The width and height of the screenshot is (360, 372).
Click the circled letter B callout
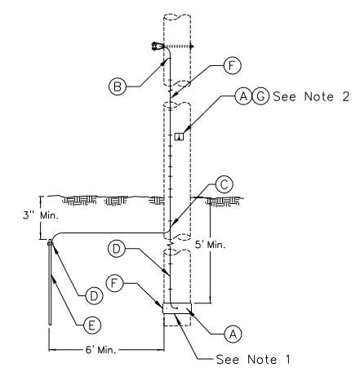[118, 86]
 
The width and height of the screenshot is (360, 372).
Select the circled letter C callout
[224, 184]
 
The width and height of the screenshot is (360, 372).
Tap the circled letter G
[260, 96]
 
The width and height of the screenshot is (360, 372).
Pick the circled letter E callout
[92, 325]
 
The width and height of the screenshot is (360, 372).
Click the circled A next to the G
[243, 96]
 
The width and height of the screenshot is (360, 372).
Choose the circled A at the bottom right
[233, 334]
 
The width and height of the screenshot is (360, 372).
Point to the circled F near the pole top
[232, 65]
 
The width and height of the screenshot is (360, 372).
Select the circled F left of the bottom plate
[114, 283]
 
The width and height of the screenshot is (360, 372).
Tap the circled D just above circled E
[94, 296]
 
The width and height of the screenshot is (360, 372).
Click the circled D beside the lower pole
[117, 249]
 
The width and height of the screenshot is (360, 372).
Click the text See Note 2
[311, 96]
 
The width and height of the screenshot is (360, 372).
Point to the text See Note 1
[253, 359]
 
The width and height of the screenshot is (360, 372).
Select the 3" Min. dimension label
[41, 215]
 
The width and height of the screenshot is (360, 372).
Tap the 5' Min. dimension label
[211, 245]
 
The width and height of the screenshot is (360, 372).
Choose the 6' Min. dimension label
[100, 349]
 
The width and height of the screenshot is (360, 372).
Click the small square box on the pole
[179, 136]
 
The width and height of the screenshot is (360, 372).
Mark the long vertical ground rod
[50, 283]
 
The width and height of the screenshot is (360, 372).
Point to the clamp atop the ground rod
[50, 242]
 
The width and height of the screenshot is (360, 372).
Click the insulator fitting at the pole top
[156, 46]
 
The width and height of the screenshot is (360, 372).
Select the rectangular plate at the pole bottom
[177, 308]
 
